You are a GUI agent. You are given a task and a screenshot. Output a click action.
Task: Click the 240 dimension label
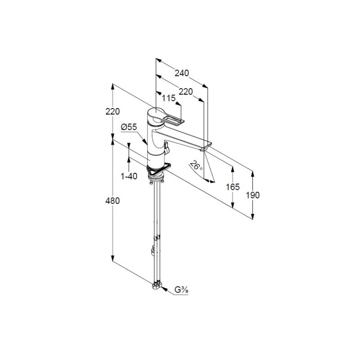(182, 73)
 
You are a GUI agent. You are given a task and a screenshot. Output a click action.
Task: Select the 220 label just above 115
(185, 91)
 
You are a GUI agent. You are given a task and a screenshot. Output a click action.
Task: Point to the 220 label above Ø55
(113, 112)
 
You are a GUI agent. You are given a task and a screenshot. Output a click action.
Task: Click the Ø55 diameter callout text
(129, 127)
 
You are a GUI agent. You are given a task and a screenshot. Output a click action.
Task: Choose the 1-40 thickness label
(129, 176)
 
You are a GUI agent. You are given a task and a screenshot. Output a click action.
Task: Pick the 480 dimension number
(112, 201)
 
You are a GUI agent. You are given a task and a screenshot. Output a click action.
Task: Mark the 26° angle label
(197, 166)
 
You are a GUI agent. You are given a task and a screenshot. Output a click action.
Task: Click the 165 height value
(233, 186)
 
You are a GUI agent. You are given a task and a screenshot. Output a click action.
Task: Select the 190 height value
(253, 195)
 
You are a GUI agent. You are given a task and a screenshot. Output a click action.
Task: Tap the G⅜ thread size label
(181, 291)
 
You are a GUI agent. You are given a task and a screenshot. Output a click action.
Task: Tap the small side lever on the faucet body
(166, 146)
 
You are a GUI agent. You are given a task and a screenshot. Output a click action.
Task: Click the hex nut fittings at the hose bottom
(157, 285)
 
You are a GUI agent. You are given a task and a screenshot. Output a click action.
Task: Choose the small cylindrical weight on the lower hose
(154, 250)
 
